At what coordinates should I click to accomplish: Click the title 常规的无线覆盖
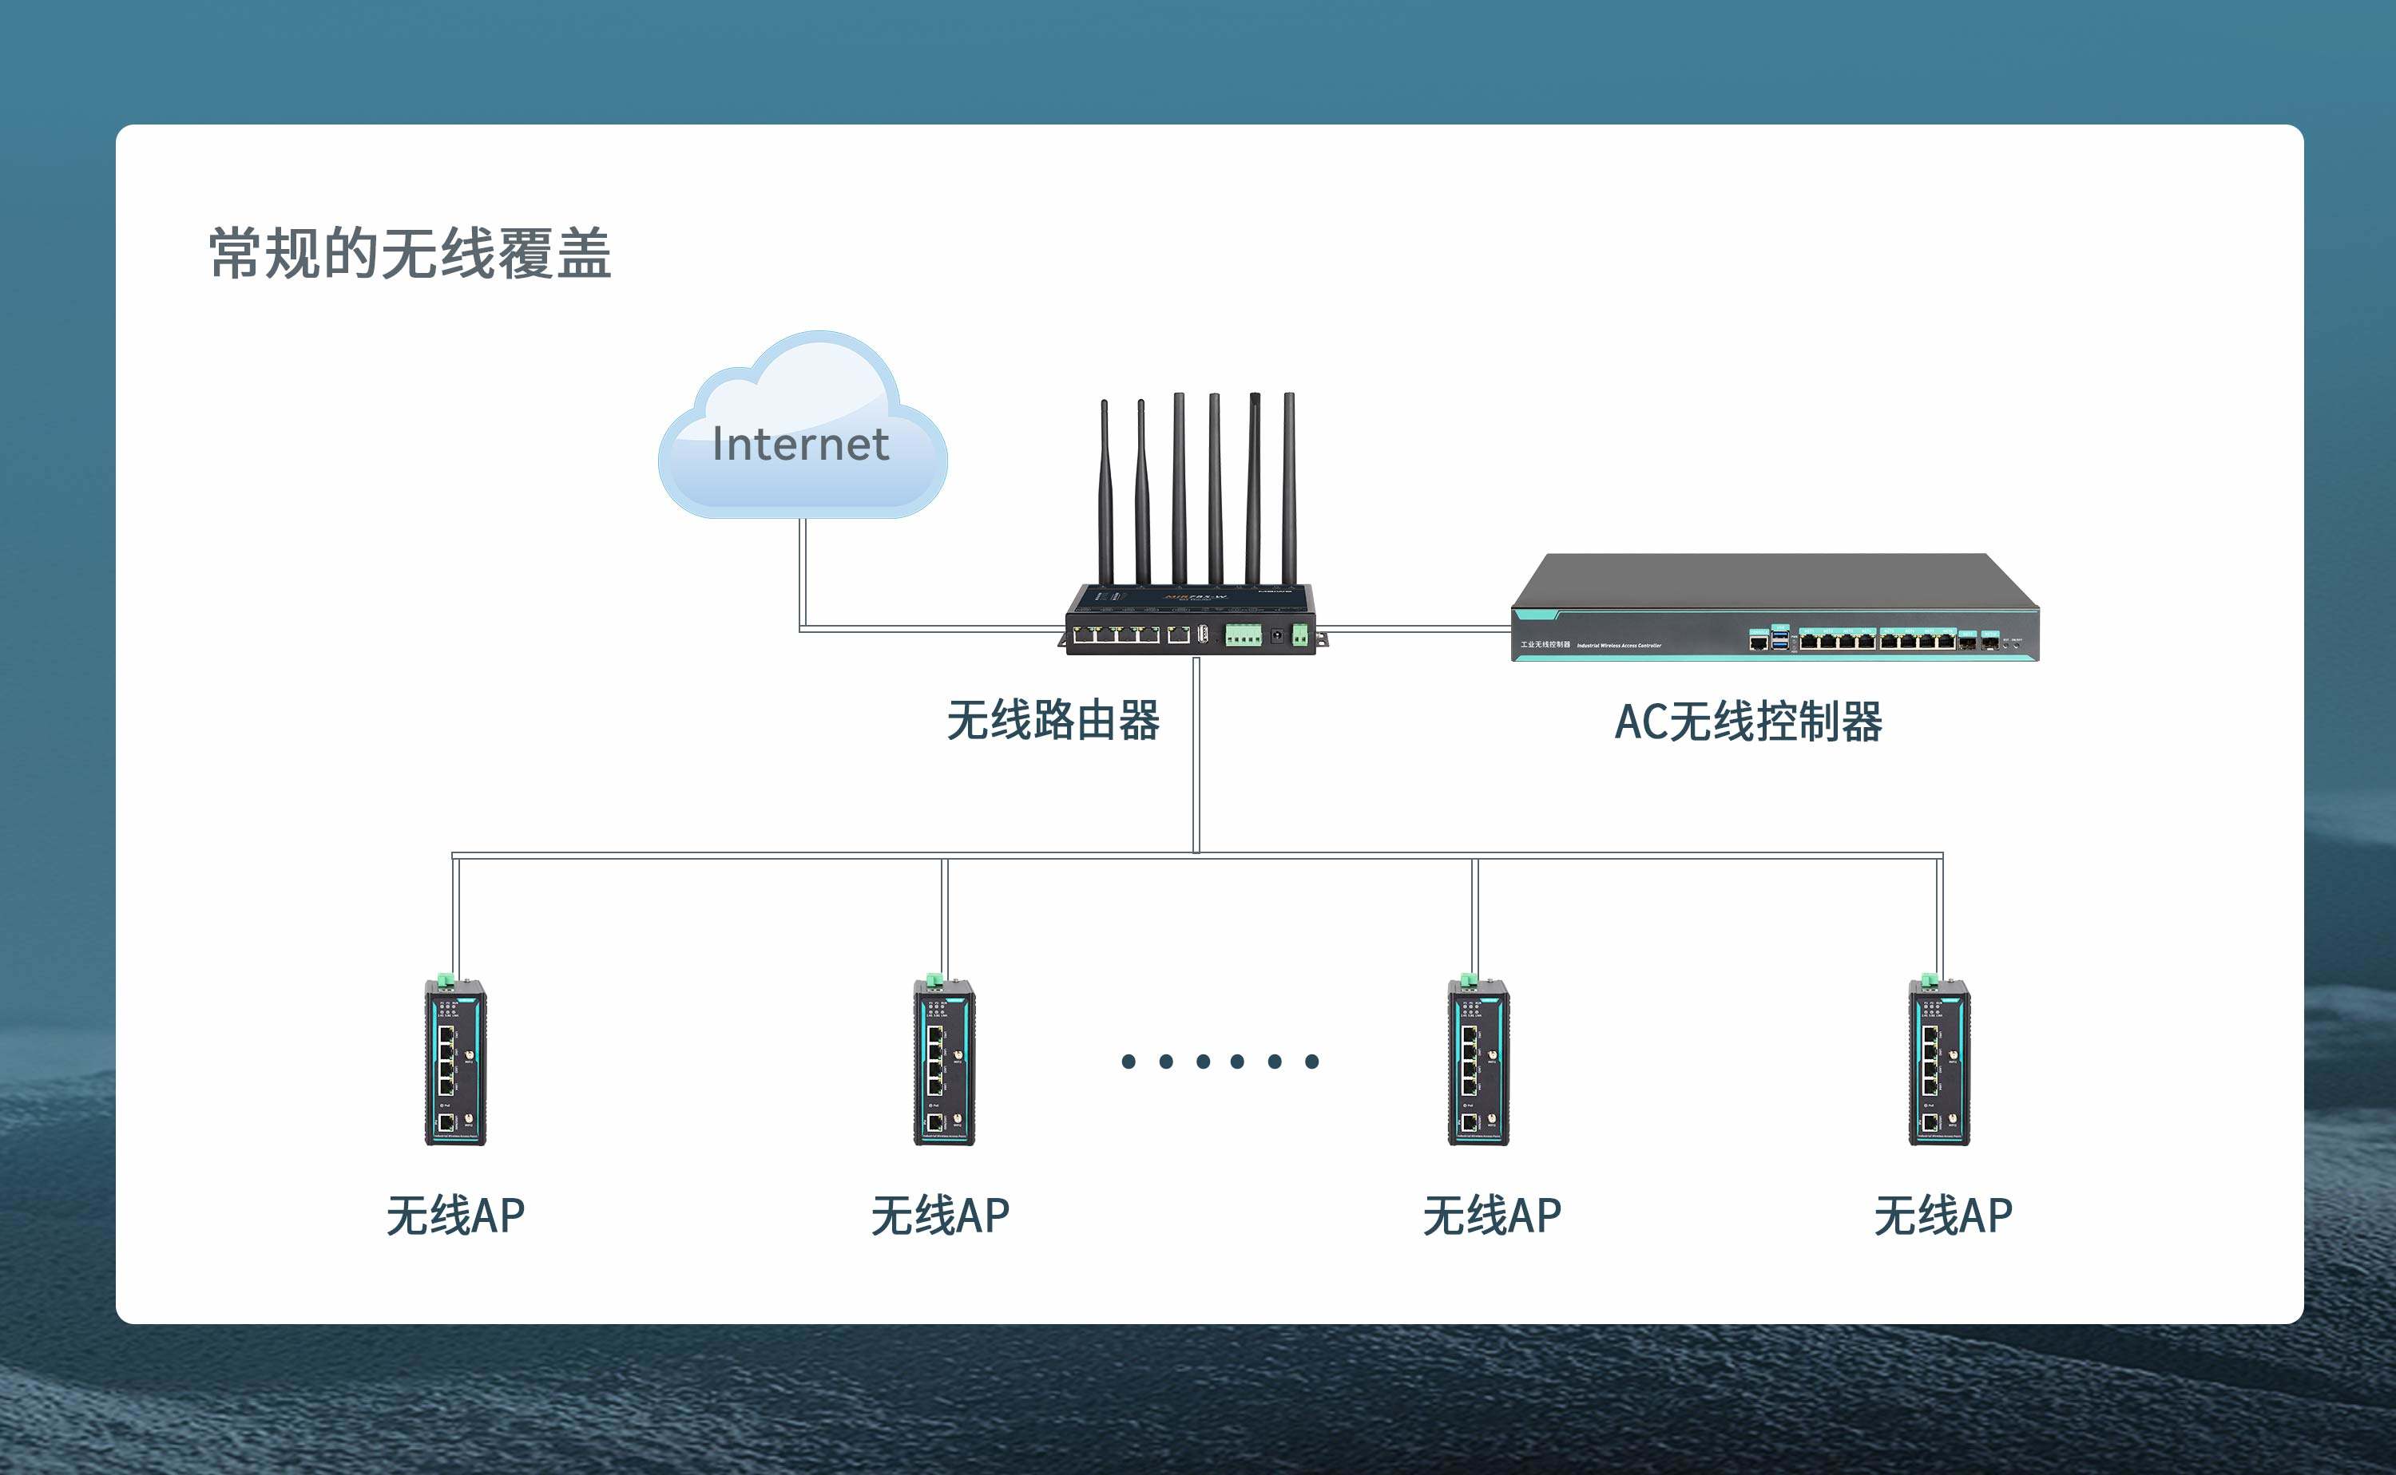(410, 255)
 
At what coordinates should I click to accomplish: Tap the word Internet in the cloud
(800, 444)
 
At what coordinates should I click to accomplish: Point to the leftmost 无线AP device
(454, 1062)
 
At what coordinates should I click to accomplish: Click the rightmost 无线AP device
(1939, 1062)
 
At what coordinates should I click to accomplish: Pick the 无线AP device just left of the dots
(944, 1062)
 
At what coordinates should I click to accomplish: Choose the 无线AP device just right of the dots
(1478, 1062)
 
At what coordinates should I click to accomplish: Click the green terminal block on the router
(1244, 637)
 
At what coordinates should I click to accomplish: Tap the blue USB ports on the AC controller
(1780, 640)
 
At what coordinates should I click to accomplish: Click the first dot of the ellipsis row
(1129, 1062)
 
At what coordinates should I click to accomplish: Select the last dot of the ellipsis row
(1311, 1062)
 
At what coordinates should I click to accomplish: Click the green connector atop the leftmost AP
(445, 979)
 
